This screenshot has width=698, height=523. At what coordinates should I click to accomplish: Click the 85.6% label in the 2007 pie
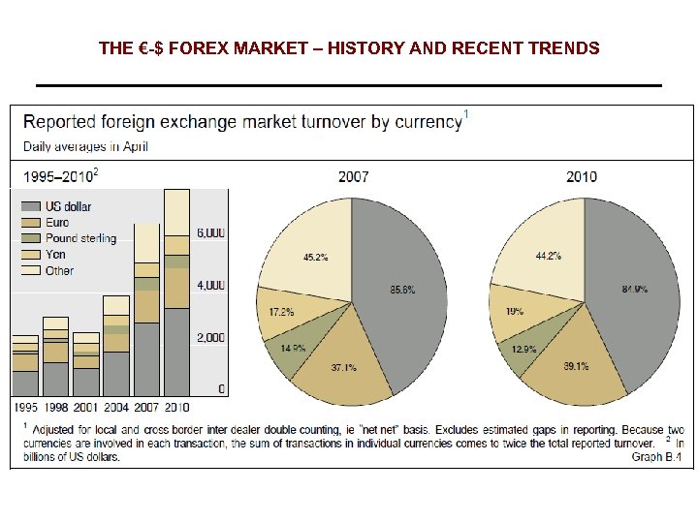(401, 290)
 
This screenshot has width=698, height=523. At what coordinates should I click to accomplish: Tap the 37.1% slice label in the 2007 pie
(344, 367)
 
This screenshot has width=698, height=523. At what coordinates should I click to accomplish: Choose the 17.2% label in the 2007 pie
(281, 312)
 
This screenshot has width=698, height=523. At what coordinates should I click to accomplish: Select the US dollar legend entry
(68, 206)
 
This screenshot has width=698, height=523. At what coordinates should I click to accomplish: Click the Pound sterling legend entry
(80, 238)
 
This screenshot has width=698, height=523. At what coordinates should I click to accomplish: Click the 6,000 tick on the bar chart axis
(211, 232)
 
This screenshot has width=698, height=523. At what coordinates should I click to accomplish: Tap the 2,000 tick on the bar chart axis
(211, 337)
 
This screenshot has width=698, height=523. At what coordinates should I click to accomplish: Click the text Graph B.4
(658, 455)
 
